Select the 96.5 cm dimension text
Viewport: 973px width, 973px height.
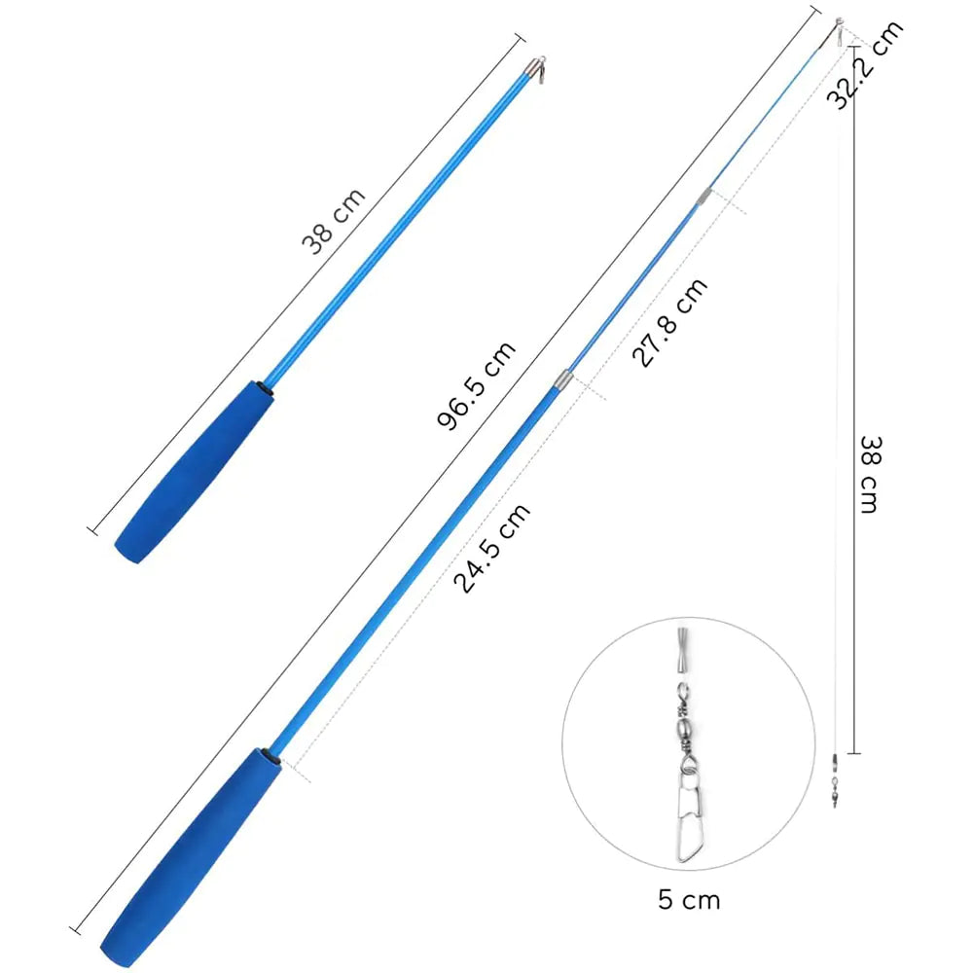(x=477, y=386)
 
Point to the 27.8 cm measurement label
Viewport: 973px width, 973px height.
(x=670, y=322)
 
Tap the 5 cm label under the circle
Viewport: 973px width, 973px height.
(x=689, y=898)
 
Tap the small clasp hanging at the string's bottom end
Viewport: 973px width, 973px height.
(x=834, y=783)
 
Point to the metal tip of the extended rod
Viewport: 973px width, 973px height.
(x=838, y=28)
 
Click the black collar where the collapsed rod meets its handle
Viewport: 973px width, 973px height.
(x=264, y=388)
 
